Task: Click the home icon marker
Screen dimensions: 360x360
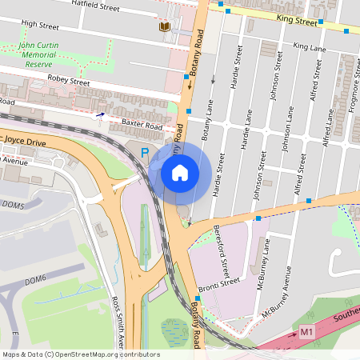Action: pos(180,172)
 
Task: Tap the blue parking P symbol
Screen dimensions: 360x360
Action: pos(145,152)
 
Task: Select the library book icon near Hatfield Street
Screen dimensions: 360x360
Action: pos(164,27)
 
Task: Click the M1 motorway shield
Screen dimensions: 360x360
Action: pos(307,331)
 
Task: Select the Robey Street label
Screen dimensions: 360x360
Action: pos(70,81)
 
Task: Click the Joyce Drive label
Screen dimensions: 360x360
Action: pos(26,140)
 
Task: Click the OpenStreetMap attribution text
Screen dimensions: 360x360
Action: pos(81,354)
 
